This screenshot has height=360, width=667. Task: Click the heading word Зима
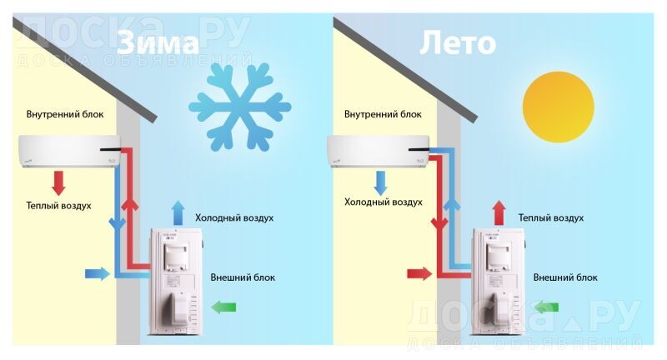click(158, 43)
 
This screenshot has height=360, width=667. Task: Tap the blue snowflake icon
click(240, 106)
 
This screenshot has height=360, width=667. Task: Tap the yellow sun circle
click(558, 106)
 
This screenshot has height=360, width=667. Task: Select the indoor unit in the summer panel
click(379, 151)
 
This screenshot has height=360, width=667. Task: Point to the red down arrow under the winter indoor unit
click(59, 182)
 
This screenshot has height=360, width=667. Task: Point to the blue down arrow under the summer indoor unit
click(381, 181)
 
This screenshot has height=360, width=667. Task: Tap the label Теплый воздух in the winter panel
click(58, 205)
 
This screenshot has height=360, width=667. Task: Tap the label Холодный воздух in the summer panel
click(384, 202)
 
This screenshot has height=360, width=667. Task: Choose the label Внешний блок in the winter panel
click(243, 277)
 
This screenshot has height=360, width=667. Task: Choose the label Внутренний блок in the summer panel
click(383, 113)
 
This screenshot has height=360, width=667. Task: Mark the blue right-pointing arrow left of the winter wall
click(97, 272)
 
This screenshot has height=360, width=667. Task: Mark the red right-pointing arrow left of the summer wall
click(419, 273)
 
